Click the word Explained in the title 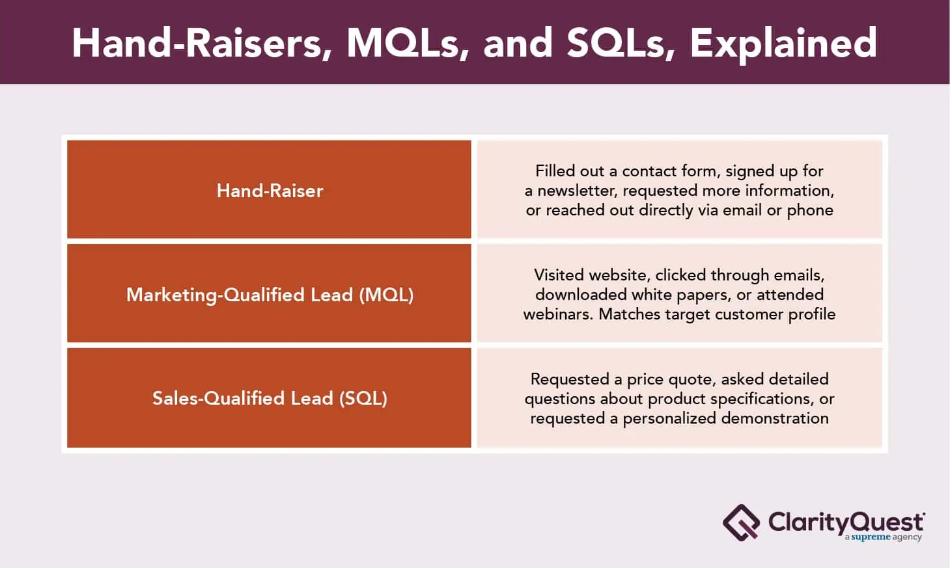783,43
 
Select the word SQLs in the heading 621,43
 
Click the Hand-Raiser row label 270,191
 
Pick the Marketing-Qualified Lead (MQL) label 270,295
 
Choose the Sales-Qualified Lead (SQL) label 270,398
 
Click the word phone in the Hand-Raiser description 810,211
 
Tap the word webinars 558,314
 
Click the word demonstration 774,418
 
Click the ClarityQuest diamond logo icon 741,522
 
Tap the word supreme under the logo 871,537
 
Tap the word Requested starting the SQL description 570,380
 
